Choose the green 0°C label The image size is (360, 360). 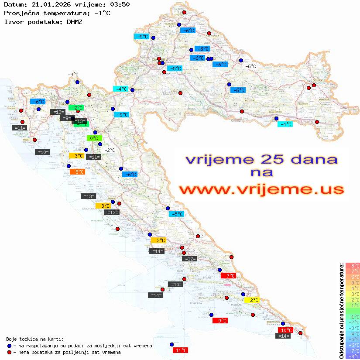click(x=94, y=138)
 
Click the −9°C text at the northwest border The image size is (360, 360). click(x=73, y=75)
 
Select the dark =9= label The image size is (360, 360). click(x=66, y=118)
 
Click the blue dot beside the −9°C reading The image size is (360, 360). click(x=77, y=82)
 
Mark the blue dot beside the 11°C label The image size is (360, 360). click(x=171, y=344)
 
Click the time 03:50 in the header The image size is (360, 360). click(x=120, y=4)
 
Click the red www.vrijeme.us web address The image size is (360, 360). click(x=261, y=189)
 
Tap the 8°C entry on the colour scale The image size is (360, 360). click(x=353, y=266)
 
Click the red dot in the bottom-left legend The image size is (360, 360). click(x=9, y=352)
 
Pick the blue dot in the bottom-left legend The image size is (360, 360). click(x=9, y=346)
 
